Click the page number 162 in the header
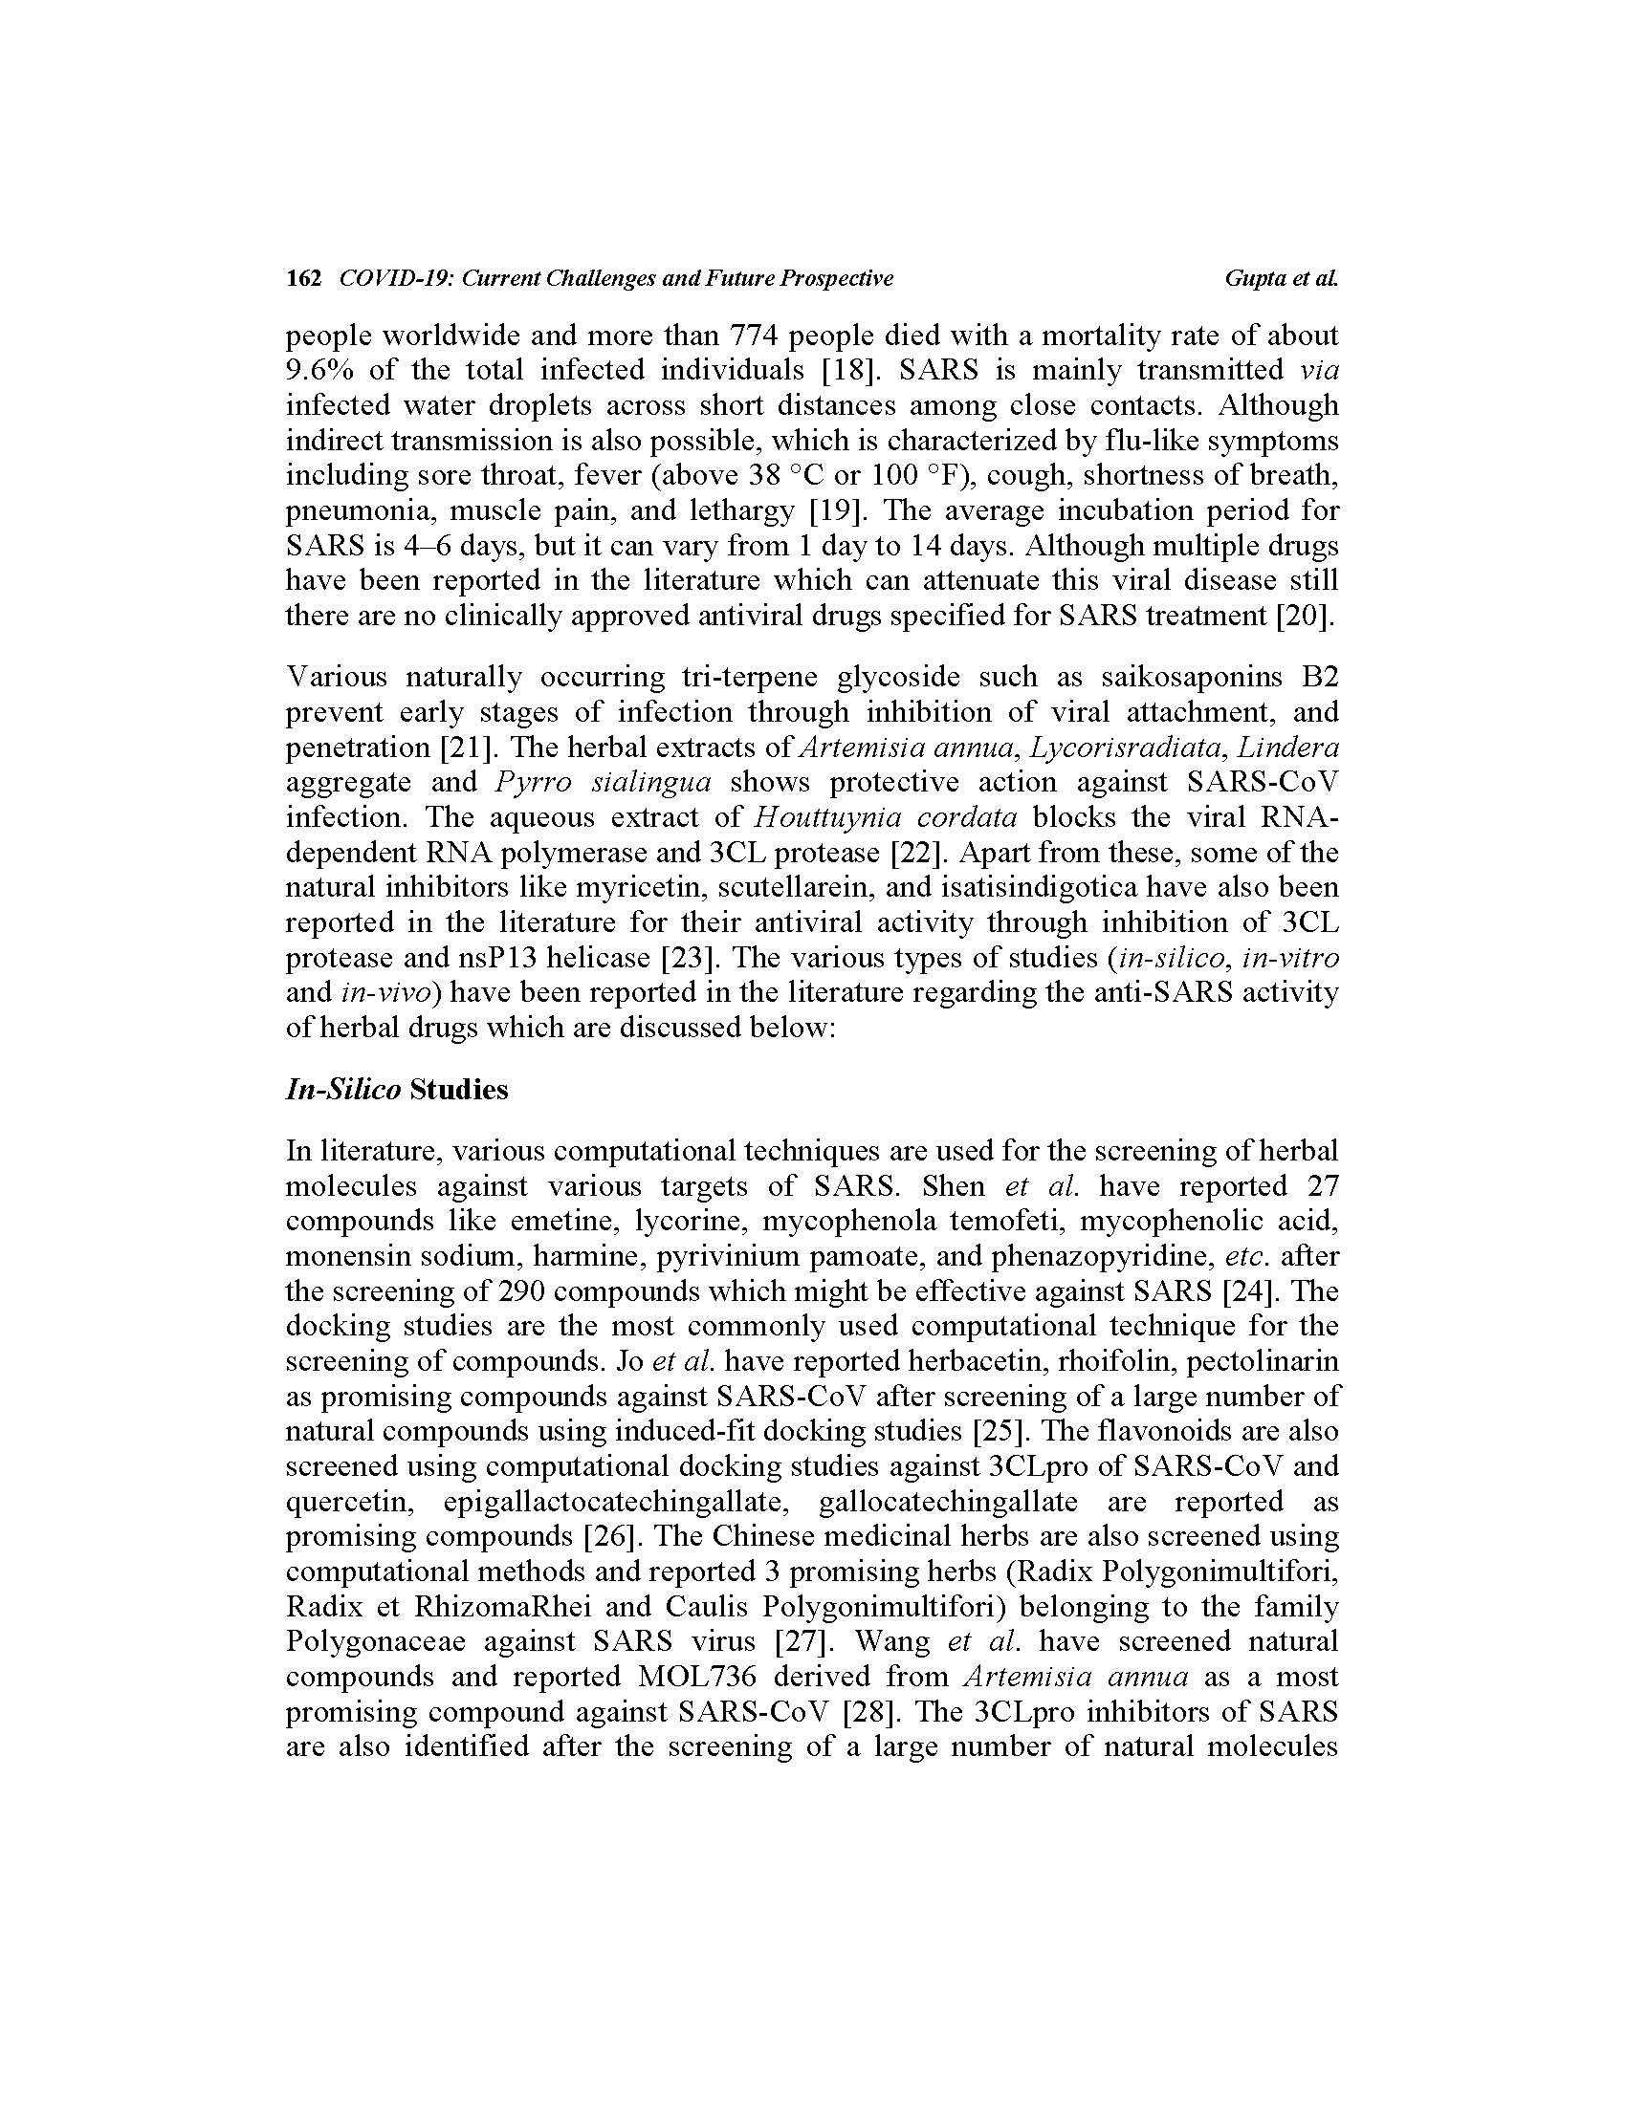[x=302, y=279]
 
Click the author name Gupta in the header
[x=1254, y=279]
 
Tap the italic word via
[x=1319, y=371]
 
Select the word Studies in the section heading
[x=458, y=1090]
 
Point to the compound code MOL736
[x=697, y=1678]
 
